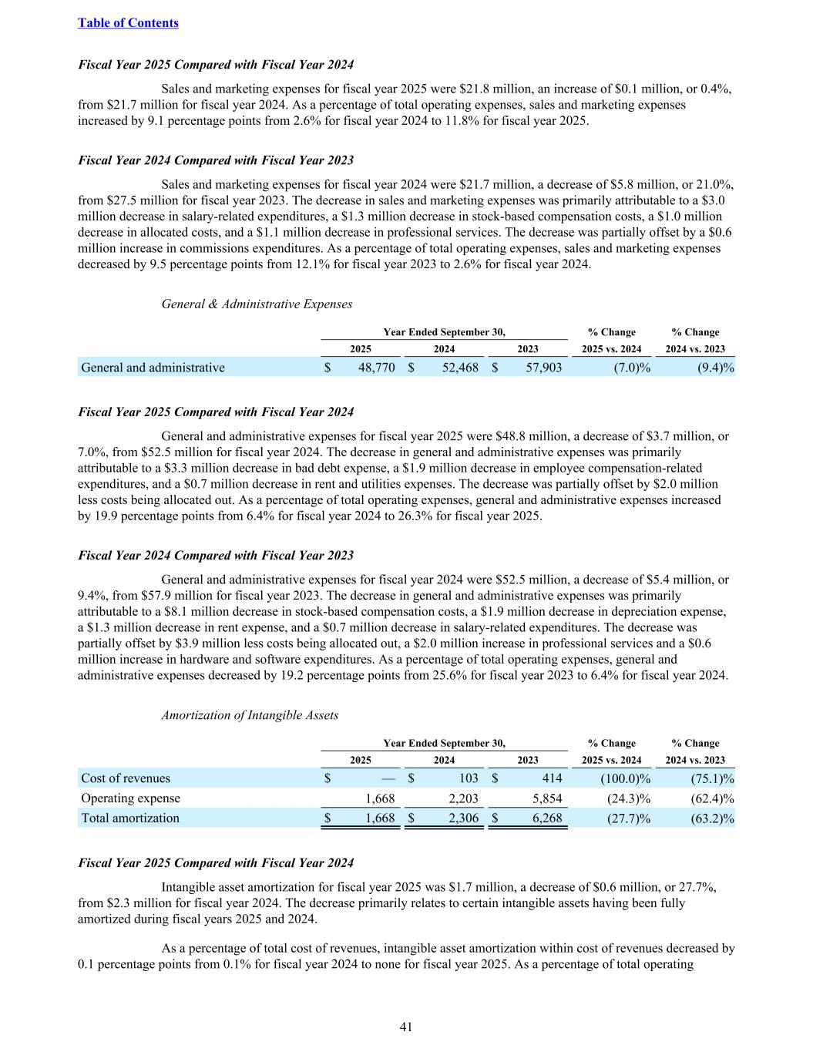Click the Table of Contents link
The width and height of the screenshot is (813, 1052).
(128, 23)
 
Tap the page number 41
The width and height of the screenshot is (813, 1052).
(406, 1027)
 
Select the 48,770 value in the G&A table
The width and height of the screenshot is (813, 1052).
(377, 368)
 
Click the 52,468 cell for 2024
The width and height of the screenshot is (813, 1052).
(460, 368)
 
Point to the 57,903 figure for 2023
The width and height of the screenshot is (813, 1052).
(543, 368)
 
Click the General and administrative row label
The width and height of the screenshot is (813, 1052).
(153, 368)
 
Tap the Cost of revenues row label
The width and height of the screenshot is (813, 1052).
(126, 778)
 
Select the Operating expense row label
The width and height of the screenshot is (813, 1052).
(130, 798)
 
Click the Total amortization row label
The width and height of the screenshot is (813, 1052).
(130, 818)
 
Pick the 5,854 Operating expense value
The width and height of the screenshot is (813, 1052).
(546, 798)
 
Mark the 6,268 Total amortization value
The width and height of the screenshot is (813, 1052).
(546, 818)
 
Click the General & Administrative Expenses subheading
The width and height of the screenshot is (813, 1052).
(257, 304)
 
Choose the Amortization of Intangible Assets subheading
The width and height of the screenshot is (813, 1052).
(250, 715)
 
